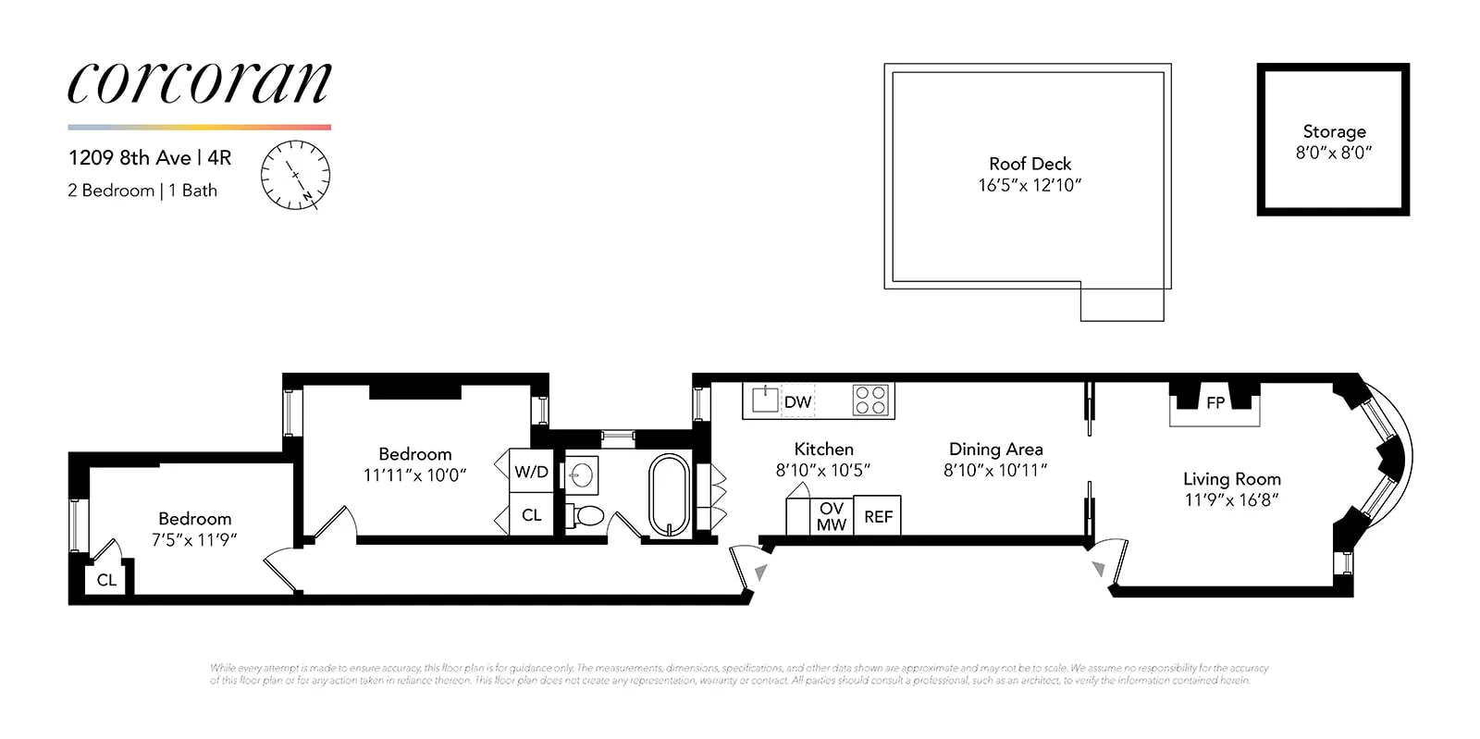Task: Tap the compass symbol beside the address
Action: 295,175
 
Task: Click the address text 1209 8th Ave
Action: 129,158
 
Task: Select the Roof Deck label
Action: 1030,164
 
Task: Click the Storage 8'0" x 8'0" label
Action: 1334,142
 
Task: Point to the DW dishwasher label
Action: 797,402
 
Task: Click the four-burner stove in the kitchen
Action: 870,400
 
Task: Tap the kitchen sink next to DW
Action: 764,400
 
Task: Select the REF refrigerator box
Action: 878,517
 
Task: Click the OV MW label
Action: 831,517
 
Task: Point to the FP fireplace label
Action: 1215,402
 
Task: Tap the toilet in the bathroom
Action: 586,515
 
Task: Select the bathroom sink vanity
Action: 581,476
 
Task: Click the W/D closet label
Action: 531,472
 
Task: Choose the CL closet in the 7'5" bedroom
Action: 106,580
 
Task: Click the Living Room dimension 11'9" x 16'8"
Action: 1231,500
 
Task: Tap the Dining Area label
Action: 995,450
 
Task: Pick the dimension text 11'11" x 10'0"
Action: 414,475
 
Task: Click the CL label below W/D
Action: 531,515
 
